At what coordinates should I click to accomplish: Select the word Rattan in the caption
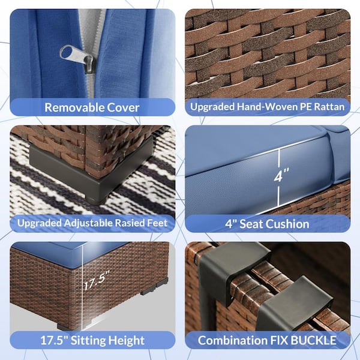(329, 107)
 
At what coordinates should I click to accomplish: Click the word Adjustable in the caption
(88, 223)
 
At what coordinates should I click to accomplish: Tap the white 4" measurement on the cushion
(281, 175)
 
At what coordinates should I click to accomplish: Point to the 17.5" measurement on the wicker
(97, 280)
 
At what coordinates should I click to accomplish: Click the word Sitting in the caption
(88, 340)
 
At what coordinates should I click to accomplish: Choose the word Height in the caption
(127, 340)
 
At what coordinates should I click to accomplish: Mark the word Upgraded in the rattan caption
(212, 107)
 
